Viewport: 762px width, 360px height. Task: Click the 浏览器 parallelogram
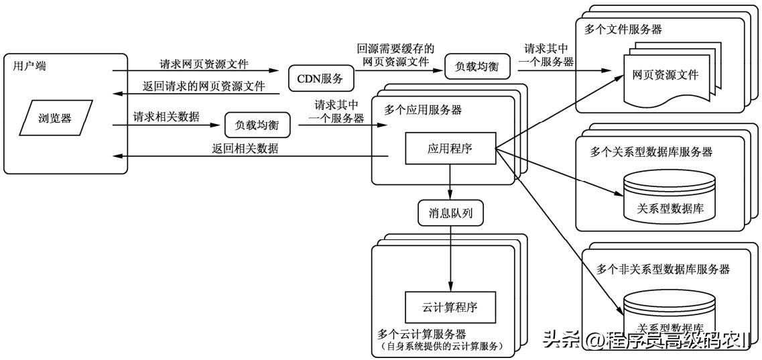(x=55, y=119)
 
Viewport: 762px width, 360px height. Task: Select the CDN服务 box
(x=316, y=79)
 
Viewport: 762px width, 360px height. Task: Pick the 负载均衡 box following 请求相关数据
(x=252, y=125)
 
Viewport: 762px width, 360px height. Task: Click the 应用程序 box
(x=450, y=148)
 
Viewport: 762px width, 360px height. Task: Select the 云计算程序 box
(x=450, y=308)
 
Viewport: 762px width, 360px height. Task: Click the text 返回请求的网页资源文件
(x=203, y=86)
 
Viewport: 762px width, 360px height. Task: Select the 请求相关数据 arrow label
(x=166, y=117)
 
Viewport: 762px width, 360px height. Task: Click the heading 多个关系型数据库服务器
(x=651, y=152)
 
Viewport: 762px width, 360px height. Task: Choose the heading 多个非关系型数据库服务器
(x=663, y=269)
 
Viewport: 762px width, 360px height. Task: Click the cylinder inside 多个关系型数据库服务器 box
(x=667, y=196)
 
